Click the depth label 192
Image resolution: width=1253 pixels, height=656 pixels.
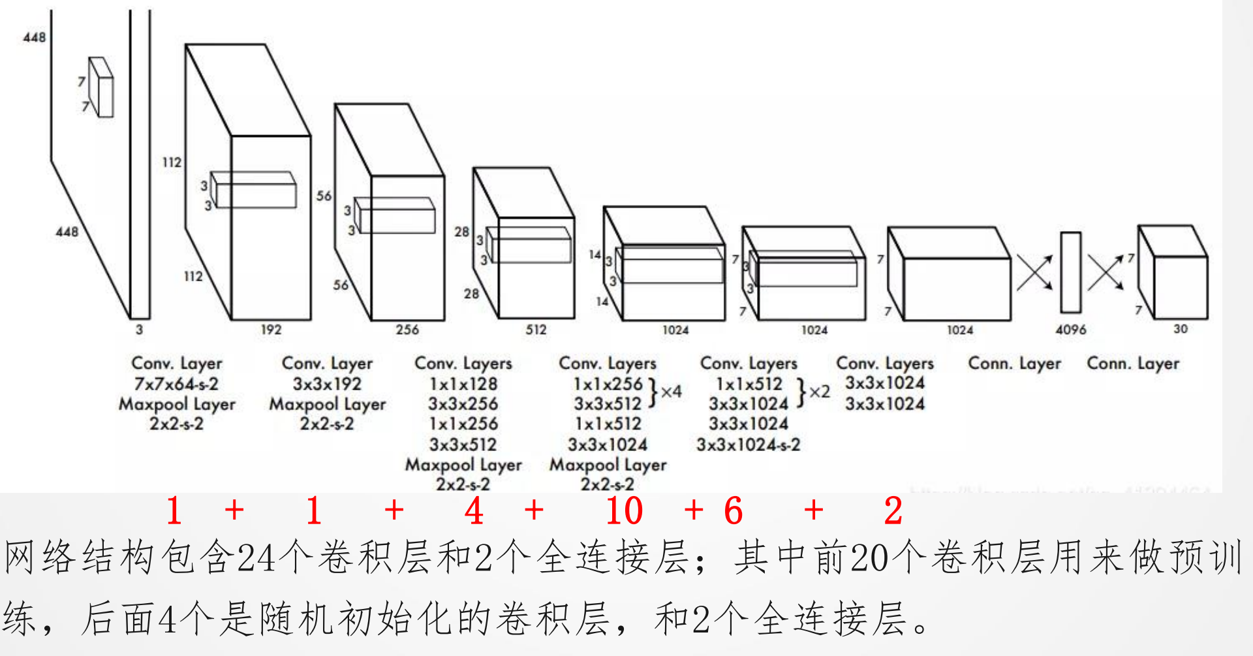(271, 330)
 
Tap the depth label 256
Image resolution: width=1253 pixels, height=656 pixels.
(407, 330)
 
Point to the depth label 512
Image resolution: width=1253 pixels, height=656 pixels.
(536, 330)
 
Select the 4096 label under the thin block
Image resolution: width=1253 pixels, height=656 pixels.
(1071, 330)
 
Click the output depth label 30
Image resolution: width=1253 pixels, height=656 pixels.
(1181, 329)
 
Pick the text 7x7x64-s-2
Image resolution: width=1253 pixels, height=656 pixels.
(176, 384)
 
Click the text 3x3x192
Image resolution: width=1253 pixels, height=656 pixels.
(327, 384)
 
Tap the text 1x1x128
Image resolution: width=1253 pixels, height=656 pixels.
(463, 384)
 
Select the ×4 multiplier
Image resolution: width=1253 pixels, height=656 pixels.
(671, 392)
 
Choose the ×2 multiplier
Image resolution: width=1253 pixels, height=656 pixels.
(820, 392)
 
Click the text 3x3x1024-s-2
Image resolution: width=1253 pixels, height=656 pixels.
(748, 445)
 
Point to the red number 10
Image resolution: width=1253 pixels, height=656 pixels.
(624, 510)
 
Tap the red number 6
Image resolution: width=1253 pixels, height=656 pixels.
(734, 510)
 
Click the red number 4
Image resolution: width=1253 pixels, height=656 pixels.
(474, 510)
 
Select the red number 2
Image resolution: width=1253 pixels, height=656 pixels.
(893, 510)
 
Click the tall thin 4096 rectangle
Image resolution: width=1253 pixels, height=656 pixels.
(1070, 272)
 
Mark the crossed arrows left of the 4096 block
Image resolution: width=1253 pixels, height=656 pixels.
(1034, 272)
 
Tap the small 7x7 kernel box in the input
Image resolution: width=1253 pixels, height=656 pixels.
(101, 87)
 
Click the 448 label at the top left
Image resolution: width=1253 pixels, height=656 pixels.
(35, 37)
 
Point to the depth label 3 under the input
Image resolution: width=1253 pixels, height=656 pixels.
(139, 330)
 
